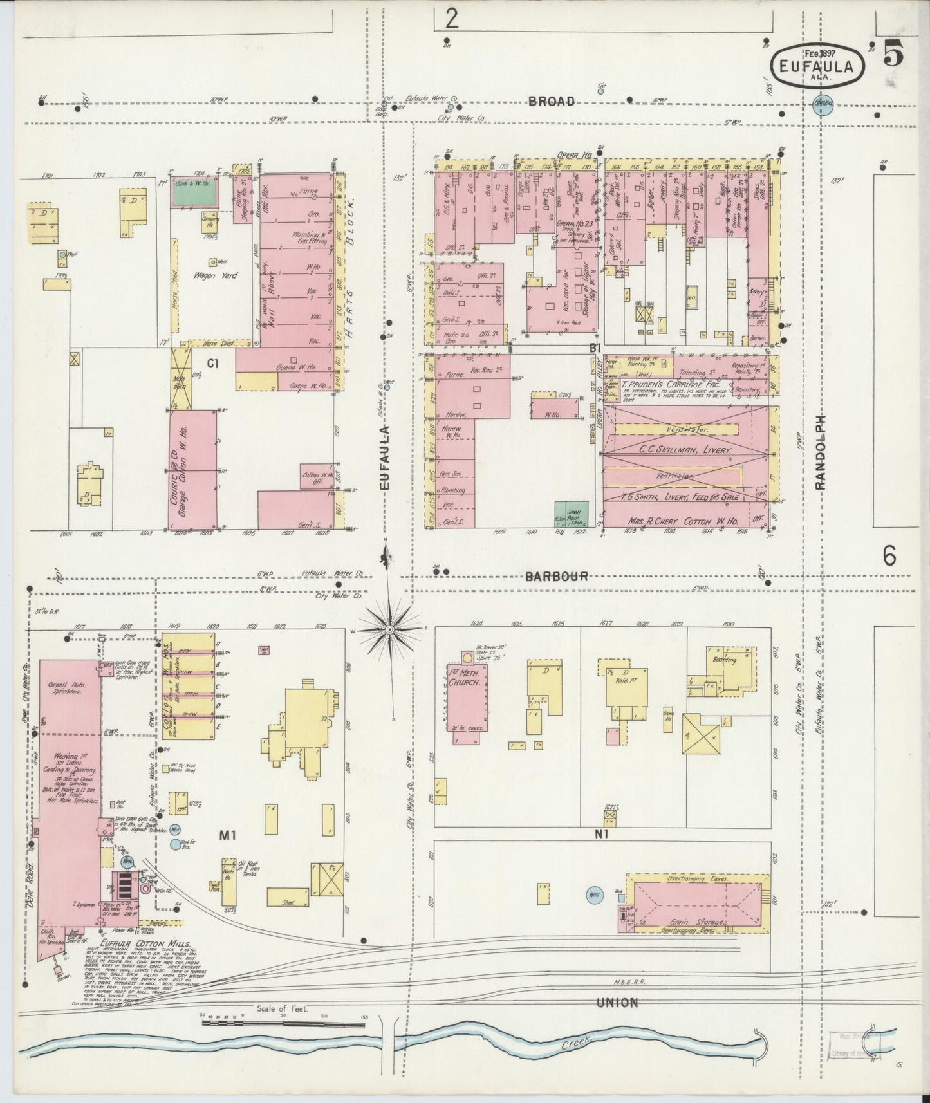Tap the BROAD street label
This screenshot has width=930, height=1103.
click(x=551, y=101)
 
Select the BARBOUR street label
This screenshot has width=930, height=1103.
click(x=556, y=576)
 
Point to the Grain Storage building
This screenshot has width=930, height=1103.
click(x=698, y=904)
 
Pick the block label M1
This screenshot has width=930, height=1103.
click(x=228, y=835)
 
